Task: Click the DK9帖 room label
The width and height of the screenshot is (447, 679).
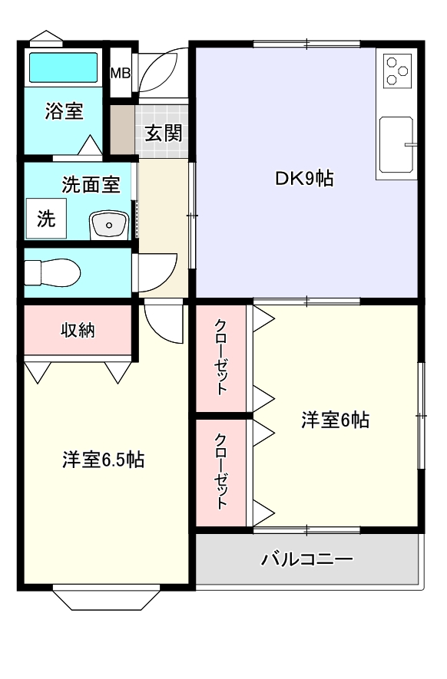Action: pyautogui.click(x=304, y=179)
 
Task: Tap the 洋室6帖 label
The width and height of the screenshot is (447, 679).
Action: pyautogui.click(x=335, y=420)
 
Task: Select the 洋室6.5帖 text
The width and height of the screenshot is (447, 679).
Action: pyautogui.click(x=104, y=460)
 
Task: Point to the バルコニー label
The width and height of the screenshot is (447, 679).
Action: pyautogui.click(x=307, y=559)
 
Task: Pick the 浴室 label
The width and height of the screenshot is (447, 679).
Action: pyautogui.click(x=64, y=111)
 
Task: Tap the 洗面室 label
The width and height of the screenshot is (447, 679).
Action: pyautogui.click(x=91, y=185)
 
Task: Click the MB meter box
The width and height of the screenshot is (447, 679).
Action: pyautogui.click(x=121, y=74)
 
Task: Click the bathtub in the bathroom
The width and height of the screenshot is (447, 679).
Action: pyautogui.click(x=64, y=68)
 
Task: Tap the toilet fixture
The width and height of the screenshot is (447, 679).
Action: pyautogui.click(x=52, y=272)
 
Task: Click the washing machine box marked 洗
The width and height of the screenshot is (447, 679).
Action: pyautogui.click(x=47, y=219)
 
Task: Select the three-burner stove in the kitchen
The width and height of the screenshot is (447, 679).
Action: pyautogui.click(x=397, y=71)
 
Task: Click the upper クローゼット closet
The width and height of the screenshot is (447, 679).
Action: pyautogui.click(x=221, y=357)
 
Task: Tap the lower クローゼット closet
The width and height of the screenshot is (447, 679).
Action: pyautogui.click(x=221, y=472)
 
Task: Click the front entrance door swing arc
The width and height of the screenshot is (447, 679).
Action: pyautogui.click(x=163, y=74)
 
